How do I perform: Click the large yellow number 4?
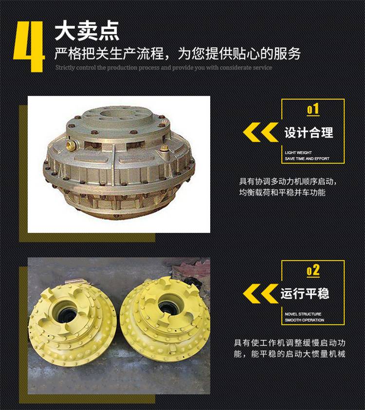tap(28, 46)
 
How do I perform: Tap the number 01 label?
tap(313, 109)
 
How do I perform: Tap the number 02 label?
tap(313, 270)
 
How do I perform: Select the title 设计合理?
tap(309, 133)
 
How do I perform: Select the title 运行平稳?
tap(305, 293)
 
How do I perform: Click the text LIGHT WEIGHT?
tap(298, 152)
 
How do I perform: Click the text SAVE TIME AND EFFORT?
tap(307, 159)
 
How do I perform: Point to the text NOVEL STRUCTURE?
tap(303, 314)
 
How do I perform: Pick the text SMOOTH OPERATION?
tap(304, 320)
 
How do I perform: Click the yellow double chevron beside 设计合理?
tap(260, 132)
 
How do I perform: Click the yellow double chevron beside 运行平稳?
tap(260, 293)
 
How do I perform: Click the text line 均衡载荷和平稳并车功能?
tap(282, 193)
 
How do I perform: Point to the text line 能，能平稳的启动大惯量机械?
tap(290, 354)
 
